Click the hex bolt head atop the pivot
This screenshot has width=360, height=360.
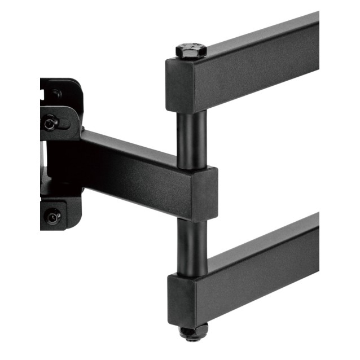191,50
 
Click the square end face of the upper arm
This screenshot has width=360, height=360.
179,85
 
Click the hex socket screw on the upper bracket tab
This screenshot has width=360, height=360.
51,122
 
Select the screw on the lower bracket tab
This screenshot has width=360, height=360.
53,214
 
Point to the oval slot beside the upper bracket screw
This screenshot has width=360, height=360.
67,119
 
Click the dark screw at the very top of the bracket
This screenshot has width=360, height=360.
56,94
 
